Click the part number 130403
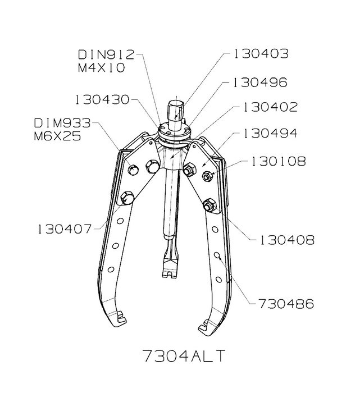tap(261, 54)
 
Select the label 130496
tap(260, 83)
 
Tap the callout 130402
tap(271, 107)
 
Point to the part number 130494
tap(271, 134)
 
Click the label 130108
tap(279, 161)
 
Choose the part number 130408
tap(288, 240)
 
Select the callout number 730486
tap(286, 304)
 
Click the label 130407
tap(65, 229)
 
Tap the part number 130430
tap(102, 100)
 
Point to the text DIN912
tap(106, 54)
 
